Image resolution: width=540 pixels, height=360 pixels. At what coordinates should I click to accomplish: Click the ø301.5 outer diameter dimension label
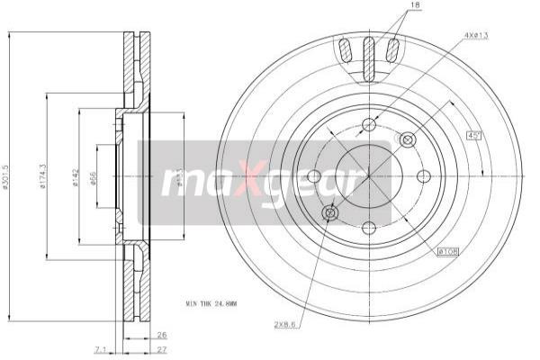pyautogui.click(x=7, y=177)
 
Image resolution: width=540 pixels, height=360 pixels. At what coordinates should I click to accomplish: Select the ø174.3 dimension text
pyautogui.click(x=44, y=177)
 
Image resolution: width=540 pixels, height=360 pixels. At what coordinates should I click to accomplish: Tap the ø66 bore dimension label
pyautogui.click(x=94, y=177)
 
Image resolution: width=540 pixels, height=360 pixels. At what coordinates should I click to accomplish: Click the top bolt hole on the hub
pyautogui.click(x=367, y=125)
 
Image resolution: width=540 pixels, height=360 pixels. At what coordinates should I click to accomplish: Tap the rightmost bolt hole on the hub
pyautogui.click(x=425, y=175)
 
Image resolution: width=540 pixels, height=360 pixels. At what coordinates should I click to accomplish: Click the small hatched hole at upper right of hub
pyautogui.click(x=407, y=139)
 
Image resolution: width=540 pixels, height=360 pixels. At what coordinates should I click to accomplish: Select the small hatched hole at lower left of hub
pyautogui.click(x=329, y=211)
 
